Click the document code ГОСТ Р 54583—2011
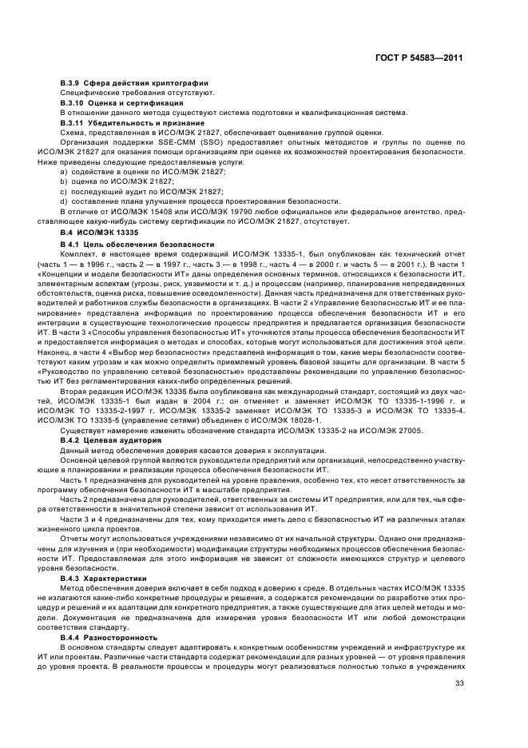pyautogui.click(x=421, y=58)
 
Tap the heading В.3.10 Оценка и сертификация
pyautogui.click(x=122, y=103)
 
